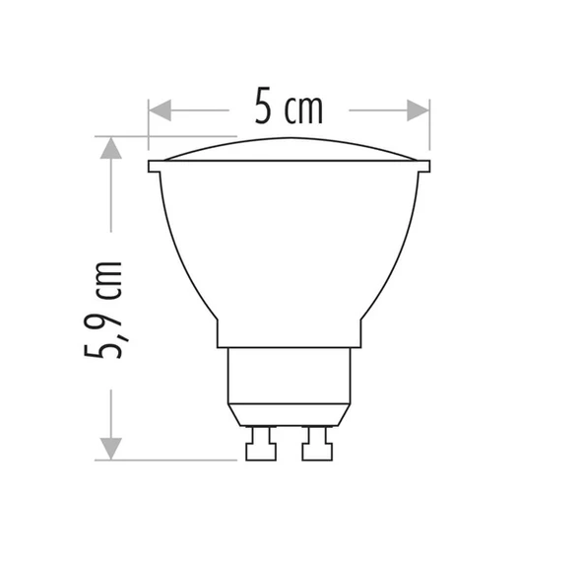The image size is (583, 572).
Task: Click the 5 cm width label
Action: (x=289, y=107)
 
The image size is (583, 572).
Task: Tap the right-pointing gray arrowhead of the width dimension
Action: (x=418, y=110)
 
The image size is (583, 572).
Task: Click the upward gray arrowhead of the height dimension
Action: (x=110, y=148)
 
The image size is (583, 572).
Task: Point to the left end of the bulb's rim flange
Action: (x=154, y=166)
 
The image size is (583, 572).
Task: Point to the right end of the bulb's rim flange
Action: (x=424, y=166)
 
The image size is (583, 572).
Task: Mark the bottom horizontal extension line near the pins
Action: (x=167, y=460)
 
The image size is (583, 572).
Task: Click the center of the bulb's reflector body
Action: (x=289, y=247)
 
